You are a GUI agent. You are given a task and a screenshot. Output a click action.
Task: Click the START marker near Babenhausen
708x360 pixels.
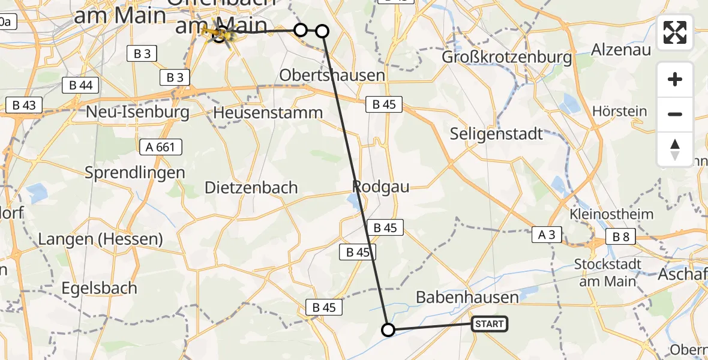pyautogui.click(x=489, y=325)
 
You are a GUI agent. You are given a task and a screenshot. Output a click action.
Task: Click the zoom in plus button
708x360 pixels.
pyautogui.click(x=675, y=80)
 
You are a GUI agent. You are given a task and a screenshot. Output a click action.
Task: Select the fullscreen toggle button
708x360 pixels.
pyautogui.click(x=675, y=32)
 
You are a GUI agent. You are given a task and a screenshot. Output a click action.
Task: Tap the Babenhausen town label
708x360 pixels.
pyautogui.click(x=467, y=298)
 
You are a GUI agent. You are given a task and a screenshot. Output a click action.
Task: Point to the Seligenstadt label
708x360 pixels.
pyautogui.click(x=496, y=133)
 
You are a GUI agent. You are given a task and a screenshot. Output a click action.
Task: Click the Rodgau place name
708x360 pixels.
pyautogui.click(x=381, y=187)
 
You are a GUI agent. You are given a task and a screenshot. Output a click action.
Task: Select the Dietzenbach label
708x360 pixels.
pyautogui.click(x=251, y=188)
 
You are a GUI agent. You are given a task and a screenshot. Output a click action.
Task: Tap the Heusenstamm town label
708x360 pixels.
pyautogui.click(x=268, y=112)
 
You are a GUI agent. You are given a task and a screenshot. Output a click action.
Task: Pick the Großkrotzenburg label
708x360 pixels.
pyautogui.click(x=506, y=57)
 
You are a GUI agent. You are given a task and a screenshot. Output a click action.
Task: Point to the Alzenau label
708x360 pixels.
pyautogui.click(x=621, y=50)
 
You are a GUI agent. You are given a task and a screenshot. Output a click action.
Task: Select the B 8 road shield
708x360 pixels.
pyautogui.click(x=620, y=237)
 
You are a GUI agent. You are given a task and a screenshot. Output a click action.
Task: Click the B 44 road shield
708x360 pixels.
pyautogui.click(x=80, y=85)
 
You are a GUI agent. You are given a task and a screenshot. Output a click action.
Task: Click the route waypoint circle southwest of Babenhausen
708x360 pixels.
pyautogui.click(x=388, y=329)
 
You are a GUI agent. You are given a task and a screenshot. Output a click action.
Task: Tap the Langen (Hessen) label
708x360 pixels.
pyautogui.click(x=100, y=239)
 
